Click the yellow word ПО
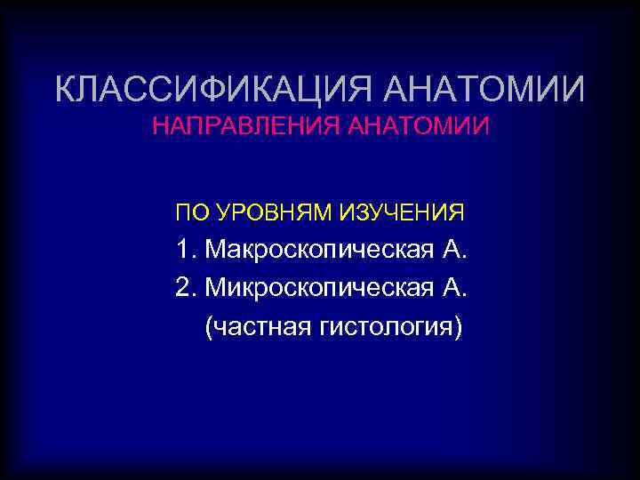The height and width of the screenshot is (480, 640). pos(189,213)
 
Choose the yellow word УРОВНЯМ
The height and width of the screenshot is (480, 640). pos(266,213)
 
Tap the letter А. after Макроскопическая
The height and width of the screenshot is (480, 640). pos(452,250)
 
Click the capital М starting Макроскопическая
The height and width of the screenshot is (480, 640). pos(217,250)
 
